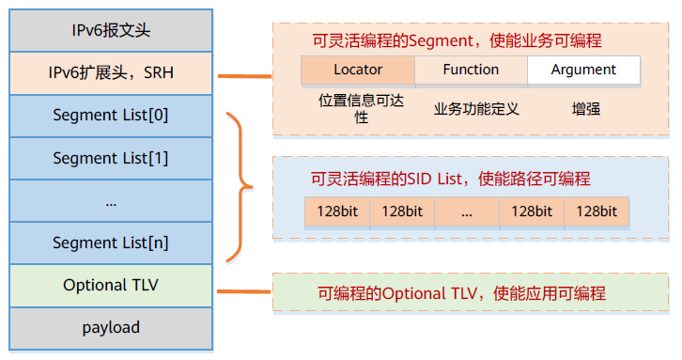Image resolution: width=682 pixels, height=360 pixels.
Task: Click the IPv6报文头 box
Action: [x=111, y=31]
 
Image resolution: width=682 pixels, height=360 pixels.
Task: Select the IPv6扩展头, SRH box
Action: [x=111, y=73]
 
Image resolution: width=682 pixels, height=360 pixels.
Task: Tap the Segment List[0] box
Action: [x=111, y=116]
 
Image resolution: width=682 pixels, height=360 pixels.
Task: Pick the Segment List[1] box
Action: [x=111, y=158]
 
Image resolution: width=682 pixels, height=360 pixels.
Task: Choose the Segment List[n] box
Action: [x=111, y=243]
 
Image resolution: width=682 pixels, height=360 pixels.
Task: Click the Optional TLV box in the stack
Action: [x=111, y=285]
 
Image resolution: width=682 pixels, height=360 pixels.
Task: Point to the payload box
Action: [x=111, y=327]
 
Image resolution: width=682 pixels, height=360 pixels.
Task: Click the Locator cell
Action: [x=358, y=70]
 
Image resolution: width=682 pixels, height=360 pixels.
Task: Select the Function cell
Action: [x=471, y=70]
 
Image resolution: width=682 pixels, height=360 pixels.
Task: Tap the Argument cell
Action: [x=583, y=70]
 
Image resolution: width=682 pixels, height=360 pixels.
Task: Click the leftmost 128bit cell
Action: [x=336, y=211]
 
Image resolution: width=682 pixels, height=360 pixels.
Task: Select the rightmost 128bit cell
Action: [x=597, y=211]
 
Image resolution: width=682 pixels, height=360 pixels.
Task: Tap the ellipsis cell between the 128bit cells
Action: [x=467, y=211]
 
